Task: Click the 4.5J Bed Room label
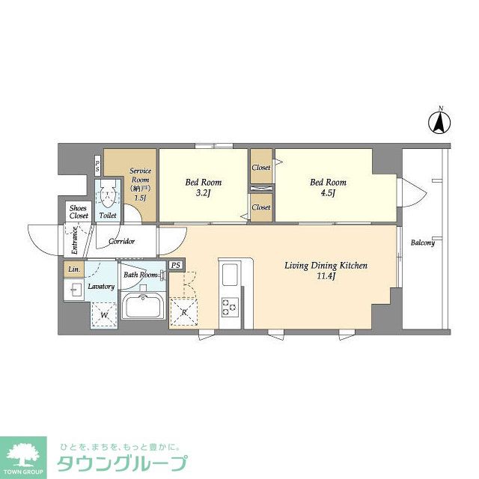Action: pyautogui.click(x=328, y=187)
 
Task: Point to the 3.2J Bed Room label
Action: pyautogui.click(x=203, y=187)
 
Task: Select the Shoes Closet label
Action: pyautogui.click(x=79, y=212)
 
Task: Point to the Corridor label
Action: pyautogui.click(x=121, y=241)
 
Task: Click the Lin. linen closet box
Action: pyautogui.click(x=73, y=269)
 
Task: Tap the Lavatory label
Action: pyautogui.click(x=100, y=286)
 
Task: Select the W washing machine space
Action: pyautogui.click(x=104, y=315)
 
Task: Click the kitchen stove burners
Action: pyautogui.click(x=228, y=305)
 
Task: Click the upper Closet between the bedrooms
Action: pyautogui.click(x=260, y=168)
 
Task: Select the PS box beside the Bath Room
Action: pyautogui.click(x=176, y=265)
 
